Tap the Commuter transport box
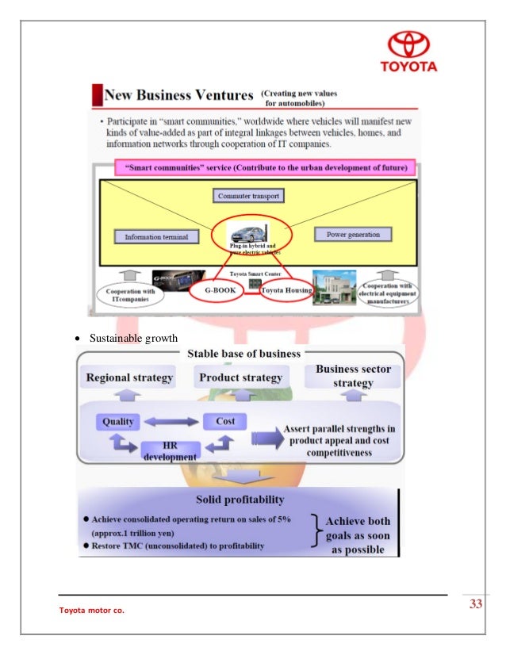pyautogui.click(x=248, y=195)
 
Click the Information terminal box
pyautogui.click(x=155, y=236)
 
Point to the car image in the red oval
pyautogui.click(x=248, y=235)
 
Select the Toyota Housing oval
pyautogui.click(x=284, y=290)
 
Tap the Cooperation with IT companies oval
pyautogui.click(x=131, y=294)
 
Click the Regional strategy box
pyautogui.click(x=129, y=377)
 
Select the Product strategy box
pyautogui.click(x=240, y=377)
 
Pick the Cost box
pyautogui.click(x=225, y=421)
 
